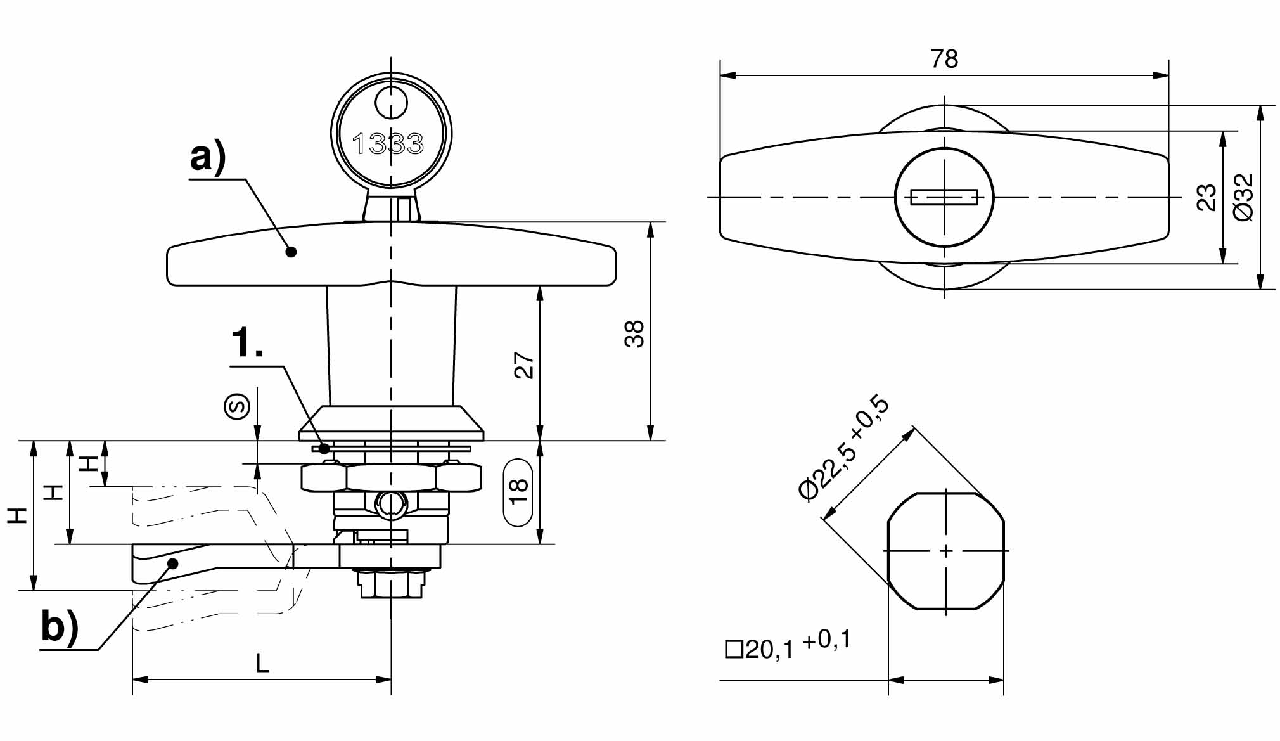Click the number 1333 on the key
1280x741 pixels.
coord(388,144)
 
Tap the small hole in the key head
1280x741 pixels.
coord(391,103)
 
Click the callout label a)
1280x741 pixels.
coord(208,157)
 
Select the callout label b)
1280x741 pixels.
coord(60,627)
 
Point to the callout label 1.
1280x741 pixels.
coord(248,344)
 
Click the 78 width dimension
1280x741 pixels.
coord(944,59)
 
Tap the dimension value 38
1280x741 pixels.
coord(634,334)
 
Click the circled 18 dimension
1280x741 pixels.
coord(518,493)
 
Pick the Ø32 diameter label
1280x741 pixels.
coord(1244,197)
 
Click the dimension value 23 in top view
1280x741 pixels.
coord(1207,197)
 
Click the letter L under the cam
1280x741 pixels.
coord(262,664)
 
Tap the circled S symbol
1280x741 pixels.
coord(237,406)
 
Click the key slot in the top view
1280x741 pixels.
coord(944,197)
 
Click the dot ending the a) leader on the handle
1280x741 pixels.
coord(291,252)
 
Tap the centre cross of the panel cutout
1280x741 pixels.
coord(945,551)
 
